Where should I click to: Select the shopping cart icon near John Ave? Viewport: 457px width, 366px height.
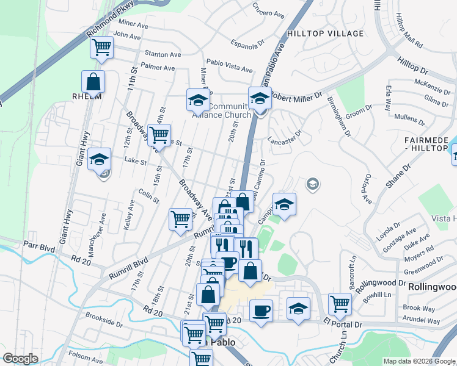pyautogui.click(x=102, y=48)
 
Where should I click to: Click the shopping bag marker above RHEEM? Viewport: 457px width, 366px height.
pyautogui.click(x=93, y=81)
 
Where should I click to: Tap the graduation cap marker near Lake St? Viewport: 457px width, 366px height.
pyautogui.click(x=100, y=160)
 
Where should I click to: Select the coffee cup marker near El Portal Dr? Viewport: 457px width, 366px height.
pyautogui.click(x=261, y=311)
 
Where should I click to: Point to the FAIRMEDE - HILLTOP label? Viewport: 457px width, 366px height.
pyautogui.click(x=430, y=144)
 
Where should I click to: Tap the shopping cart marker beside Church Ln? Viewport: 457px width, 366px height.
pyautogui.click(x=340, y=303)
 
